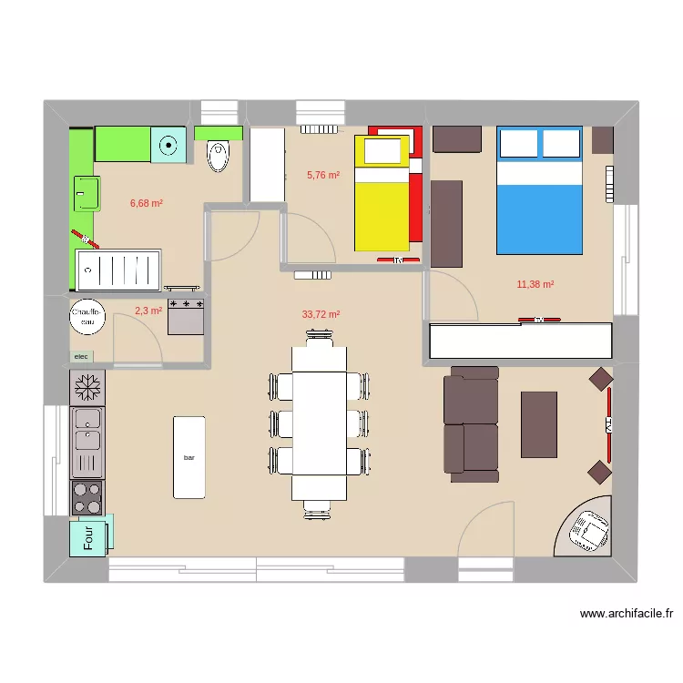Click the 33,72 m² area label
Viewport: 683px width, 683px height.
[321, 314]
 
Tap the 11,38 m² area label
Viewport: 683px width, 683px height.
[535, 284]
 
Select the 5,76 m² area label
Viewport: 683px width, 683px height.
[322, 175]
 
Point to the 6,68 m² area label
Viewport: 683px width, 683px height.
[146, 203]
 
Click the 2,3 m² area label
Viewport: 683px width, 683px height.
[148, 311]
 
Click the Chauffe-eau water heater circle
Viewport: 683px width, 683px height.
[88, 317]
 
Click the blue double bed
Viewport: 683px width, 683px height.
[539, 191]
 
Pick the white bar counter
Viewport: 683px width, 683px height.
[189, 457]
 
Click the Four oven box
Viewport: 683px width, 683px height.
[91, 535]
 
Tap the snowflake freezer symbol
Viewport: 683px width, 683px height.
[87, 387]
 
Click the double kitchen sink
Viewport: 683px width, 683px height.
[88, 430]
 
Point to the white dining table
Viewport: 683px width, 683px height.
[319, 423]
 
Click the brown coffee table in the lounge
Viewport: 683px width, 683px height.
[538, 423]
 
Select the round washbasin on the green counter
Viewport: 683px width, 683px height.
[168, 144]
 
